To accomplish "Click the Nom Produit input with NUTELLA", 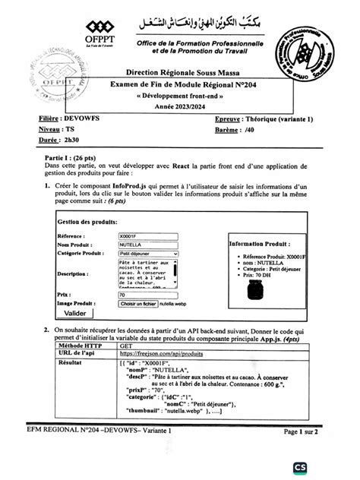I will pos(148,245).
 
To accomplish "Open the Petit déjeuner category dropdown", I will pos(148,254).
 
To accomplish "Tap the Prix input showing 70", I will pos(148,294).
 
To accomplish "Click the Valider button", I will pos(75,313).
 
